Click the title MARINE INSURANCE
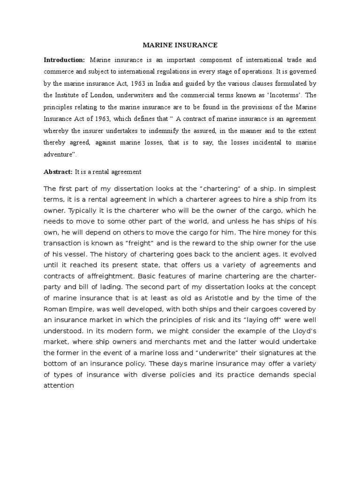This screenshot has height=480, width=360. [x=180, y=45]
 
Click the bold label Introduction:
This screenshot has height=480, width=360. [x=64, y=60]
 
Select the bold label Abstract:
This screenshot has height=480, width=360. [x=58, y=172]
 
